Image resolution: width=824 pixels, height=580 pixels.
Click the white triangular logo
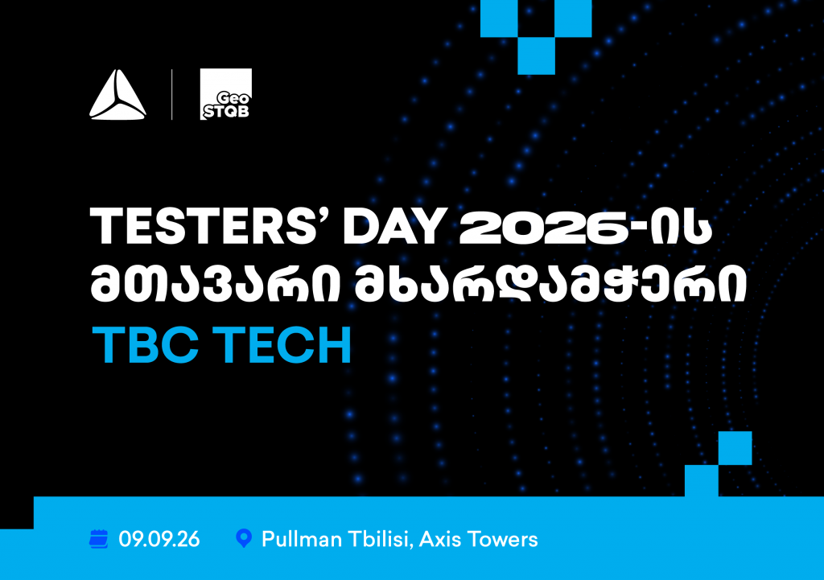click(x=117, y=95)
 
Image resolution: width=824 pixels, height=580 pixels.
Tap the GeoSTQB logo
click(x=226, y=94)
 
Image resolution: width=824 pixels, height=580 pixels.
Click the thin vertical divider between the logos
click(x=172, y=95)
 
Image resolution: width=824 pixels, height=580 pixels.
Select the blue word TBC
click(x=146, y=344)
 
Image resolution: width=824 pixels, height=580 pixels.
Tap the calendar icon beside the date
click(x=99, y=539)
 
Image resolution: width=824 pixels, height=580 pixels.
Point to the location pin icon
click(x=244, y=538)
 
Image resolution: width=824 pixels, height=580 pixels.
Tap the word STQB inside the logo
click(x=226, y=111)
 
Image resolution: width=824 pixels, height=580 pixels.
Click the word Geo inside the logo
click(x=233, y=98)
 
